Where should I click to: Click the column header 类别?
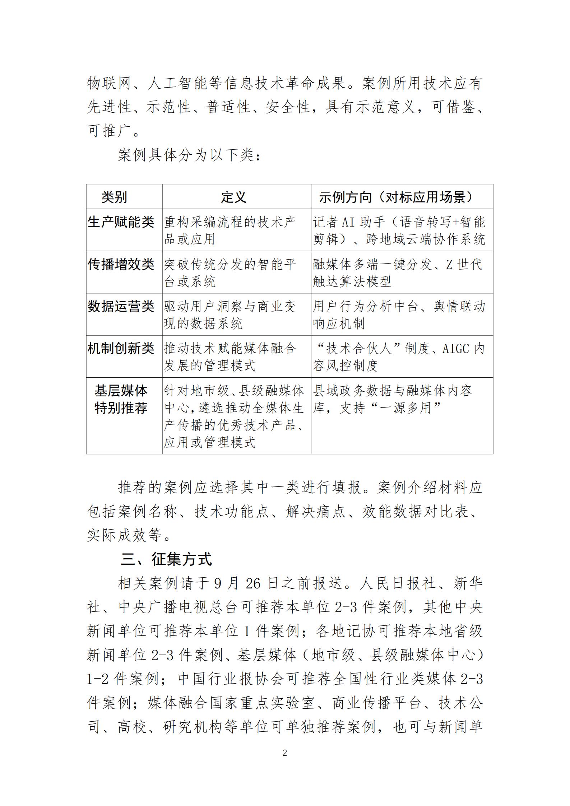click(x=114, y=197)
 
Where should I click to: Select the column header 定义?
click(x=233, y=197)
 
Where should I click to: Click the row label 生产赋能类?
click(x=121, y=222)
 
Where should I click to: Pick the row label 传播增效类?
click(x=121, y=265)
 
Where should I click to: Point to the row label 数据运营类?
click(x=121, y=307)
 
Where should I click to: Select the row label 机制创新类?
click(x=121, y=349)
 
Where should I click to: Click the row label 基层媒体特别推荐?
click(x=121, y=399)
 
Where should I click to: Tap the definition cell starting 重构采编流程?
click(x=230, y=230)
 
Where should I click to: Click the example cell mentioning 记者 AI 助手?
click(x=399, y=230)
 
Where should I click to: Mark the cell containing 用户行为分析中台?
click(x=399, y=315)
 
